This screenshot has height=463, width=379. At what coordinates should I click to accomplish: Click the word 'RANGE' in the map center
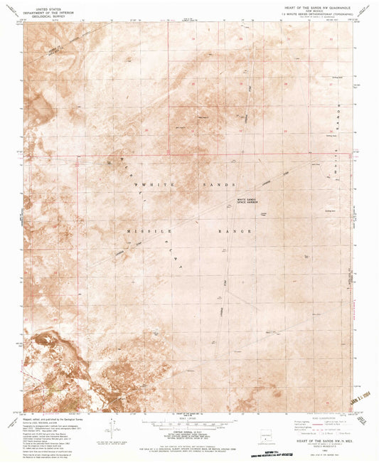pos(237,232)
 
